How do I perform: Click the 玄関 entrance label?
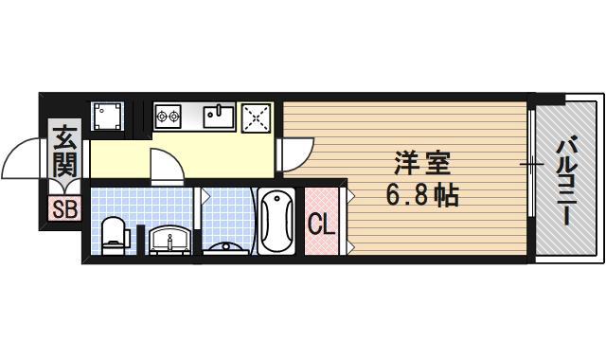click(x=64, y=152)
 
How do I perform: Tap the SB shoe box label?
click(x=64, y=209)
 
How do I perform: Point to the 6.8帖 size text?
click(x=420, y=197)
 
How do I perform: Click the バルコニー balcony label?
click(x=566, y=180)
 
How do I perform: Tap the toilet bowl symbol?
click(x=114, y=232)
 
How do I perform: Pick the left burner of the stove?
click(x=163, y=117)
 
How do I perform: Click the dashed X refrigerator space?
click(x=257, y=117)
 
